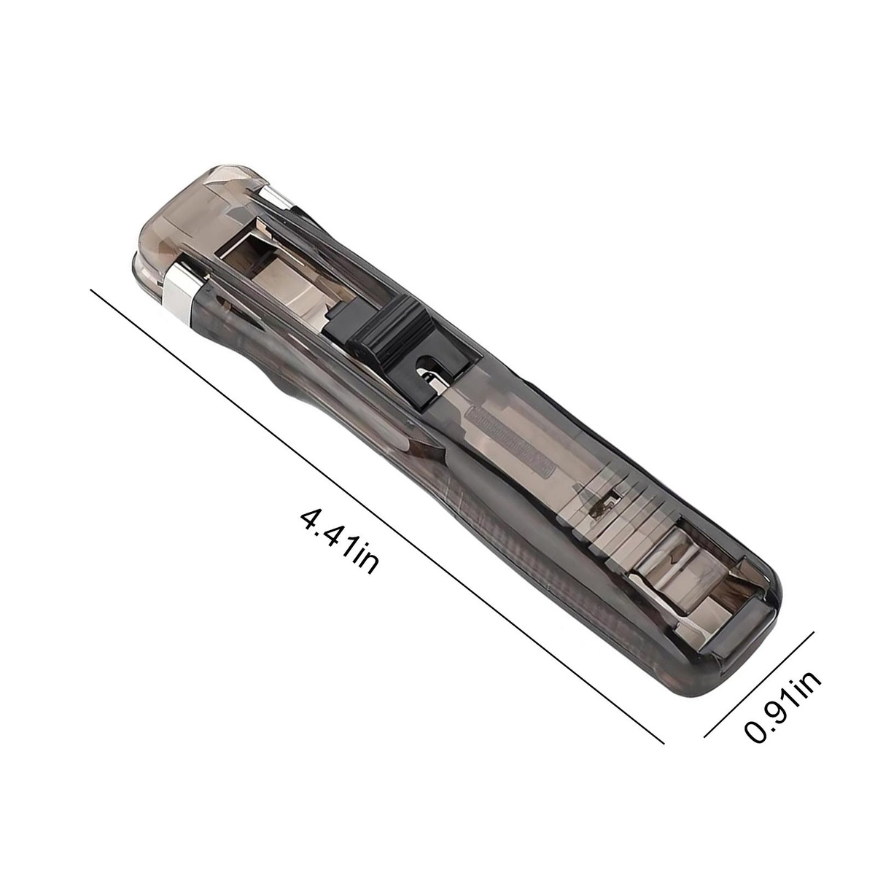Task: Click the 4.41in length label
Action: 339,542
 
